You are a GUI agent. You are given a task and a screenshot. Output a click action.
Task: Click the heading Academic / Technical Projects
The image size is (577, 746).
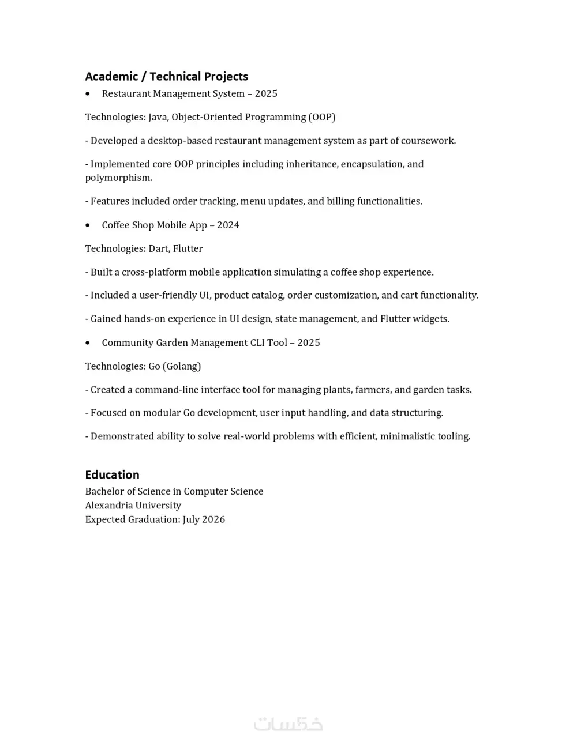coord(166,77)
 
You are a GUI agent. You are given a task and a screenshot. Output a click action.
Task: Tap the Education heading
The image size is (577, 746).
coord(112,475)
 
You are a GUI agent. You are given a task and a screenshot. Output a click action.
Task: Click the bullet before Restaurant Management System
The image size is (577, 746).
coord(88,94)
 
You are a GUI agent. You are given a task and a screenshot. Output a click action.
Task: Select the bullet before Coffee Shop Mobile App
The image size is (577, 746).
coord(88,225)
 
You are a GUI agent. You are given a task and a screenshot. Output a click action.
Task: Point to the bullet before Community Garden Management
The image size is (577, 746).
coord(88,343)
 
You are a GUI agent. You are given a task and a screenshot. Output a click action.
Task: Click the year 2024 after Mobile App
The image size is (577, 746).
coord(228,225)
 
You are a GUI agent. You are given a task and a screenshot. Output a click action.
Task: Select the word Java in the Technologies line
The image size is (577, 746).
coord(158,117)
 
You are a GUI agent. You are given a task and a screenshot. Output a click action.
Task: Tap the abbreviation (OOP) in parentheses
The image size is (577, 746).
coord(321,117)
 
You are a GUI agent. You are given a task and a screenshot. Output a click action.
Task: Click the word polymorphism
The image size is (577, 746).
coord(118,178)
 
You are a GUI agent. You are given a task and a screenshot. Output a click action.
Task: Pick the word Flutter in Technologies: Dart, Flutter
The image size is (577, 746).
coord(188,248)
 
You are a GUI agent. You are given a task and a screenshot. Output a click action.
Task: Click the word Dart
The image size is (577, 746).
coord(159,248)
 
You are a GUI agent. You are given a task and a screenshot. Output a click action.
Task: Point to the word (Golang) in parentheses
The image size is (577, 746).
coord(182,366)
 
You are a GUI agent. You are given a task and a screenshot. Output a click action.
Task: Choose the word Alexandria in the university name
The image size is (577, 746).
coord(108,506)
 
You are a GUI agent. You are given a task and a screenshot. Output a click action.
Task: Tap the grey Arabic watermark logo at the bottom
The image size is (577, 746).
coord(288,724)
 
